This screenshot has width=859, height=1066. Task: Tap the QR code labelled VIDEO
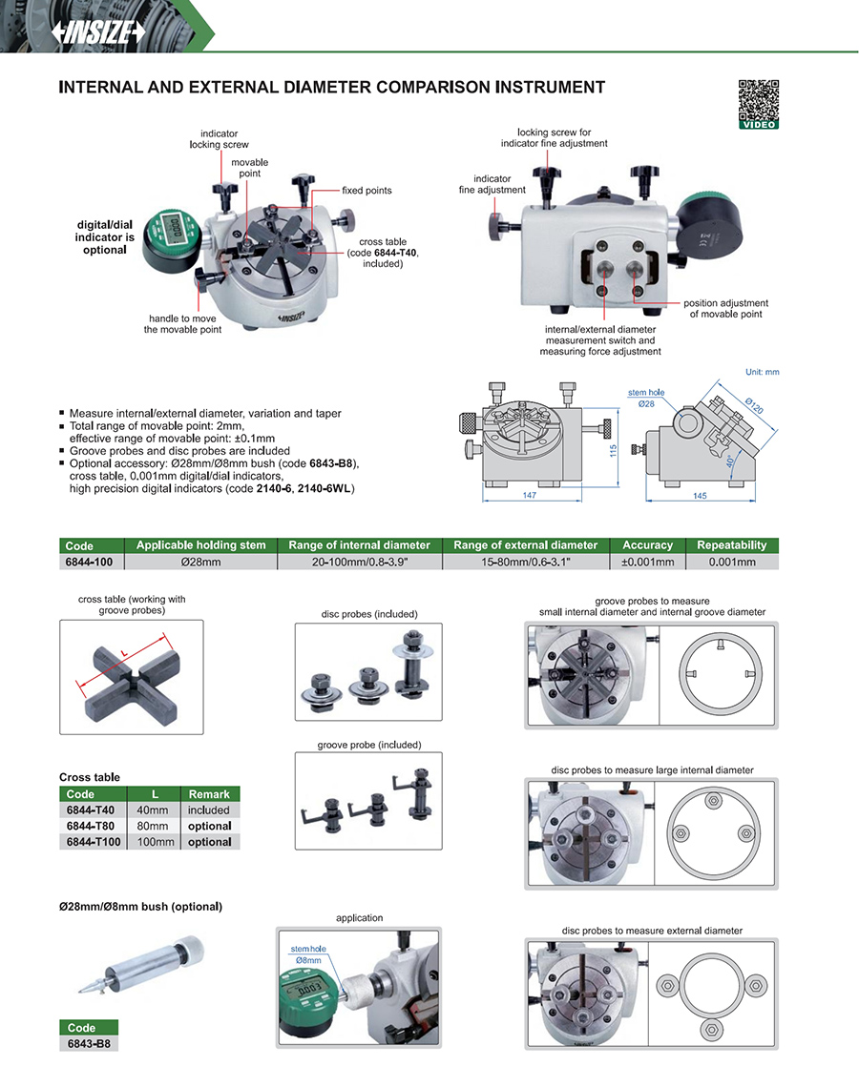(x=759, y=100)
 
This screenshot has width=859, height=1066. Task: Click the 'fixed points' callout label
(x=367, y=191)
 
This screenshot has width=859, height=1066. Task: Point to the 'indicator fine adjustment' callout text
(x=492, y=184)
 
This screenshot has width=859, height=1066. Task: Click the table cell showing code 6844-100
(x=90, y=562)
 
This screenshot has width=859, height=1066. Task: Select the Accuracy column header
(x=647, y=545)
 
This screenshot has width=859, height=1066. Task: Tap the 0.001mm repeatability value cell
(x=731, y=562)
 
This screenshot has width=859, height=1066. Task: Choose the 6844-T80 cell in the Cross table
(x=92, y=826)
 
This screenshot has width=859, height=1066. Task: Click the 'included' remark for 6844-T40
(x=209, y=810)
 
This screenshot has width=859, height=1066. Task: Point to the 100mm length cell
(x=152, y=842)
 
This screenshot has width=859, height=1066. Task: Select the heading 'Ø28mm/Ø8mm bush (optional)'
(x=140, y=906)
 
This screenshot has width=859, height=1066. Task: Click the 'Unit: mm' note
(x=761, y=372)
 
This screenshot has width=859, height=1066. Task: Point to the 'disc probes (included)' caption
(x=368, y=614)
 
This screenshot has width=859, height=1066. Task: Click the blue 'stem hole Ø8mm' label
(x=306, y=953)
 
